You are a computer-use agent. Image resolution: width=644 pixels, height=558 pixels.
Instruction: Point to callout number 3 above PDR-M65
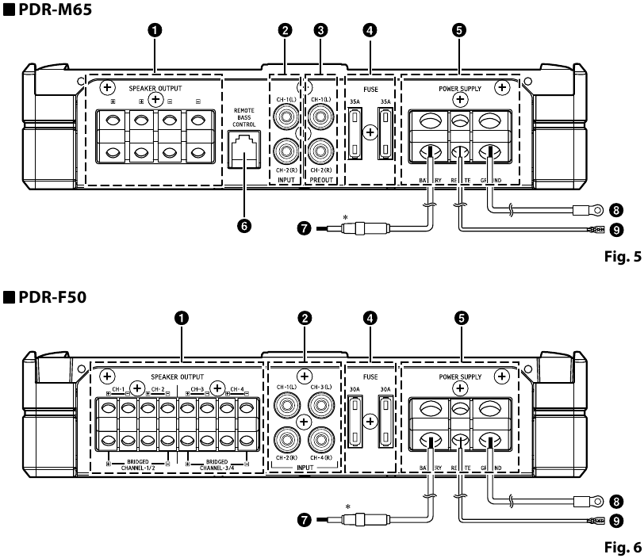pyautogui.click(x=320, y=30)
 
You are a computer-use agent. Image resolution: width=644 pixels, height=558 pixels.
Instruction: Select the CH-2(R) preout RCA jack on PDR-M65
pyautogui.click(x=320, y=150)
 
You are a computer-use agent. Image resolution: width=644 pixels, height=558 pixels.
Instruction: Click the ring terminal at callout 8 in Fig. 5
pyautogui.click(x=588, y=211)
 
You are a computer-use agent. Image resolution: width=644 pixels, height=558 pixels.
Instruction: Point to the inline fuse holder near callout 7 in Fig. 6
pyautogui.click(x=354, y=520)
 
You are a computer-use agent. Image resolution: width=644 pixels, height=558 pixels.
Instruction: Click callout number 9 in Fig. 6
pyautogui.click(x=615, y=521)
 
